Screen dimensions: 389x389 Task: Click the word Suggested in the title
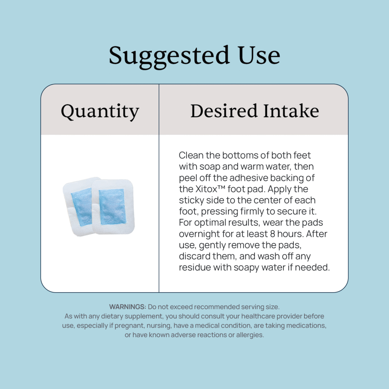point(169,57)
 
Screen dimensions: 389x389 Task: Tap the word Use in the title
point(259,55)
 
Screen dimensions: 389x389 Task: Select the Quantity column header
point(100,111)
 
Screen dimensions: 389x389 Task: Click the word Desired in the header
point(224,111)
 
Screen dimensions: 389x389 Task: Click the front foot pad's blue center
point(112,206)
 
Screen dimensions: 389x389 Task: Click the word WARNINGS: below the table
point(128,307)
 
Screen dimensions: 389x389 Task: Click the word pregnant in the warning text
point(129,326)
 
